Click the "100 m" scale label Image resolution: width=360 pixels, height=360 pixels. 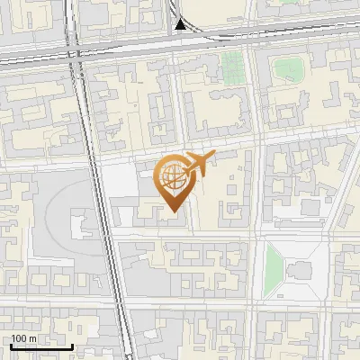[24, 338]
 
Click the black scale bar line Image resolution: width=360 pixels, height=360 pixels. [40, 346]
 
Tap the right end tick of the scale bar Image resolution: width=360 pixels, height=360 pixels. [72, 345]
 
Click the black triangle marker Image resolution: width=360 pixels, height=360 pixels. [181, 24]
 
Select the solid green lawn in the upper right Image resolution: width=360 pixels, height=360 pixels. [289, 68]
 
